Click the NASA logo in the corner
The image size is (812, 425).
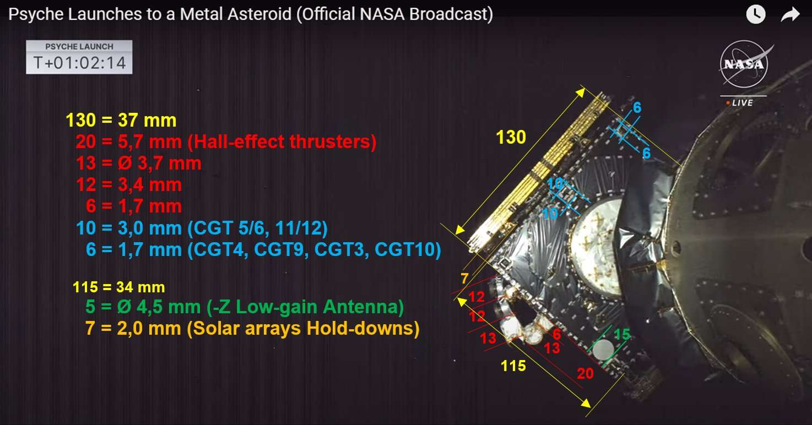(x=744, y=64)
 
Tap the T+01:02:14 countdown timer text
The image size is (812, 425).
(x=79, y=63)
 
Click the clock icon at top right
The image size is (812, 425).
(x=756, y=14)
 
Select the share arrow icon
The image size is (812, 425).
(x=791, y=14)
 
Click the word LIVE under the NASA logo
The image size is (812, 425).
(x=743, y=103)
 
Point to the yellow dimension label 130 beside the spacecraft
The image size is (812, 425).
(x=511, y=137)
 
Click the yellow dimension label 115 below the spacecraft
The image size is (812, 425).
(x=513, y=366)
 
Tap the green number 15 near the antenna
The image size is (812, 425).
(x=622, y=334)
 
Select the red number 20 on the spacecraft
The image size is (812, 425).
(x=585, y=373)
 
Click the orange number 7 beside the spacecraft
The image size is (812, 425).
(x=465, y=279)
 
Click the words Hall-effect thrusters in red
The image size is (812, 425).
(x=282, y=141)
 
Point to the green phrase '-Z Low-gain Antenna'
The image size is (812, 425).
(x=305, y=307)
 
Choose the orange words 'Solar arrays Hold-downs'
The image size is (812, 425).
(x=303, y=328)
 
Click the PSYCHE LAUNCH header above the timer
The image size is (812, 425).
(x=79, y=46)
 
